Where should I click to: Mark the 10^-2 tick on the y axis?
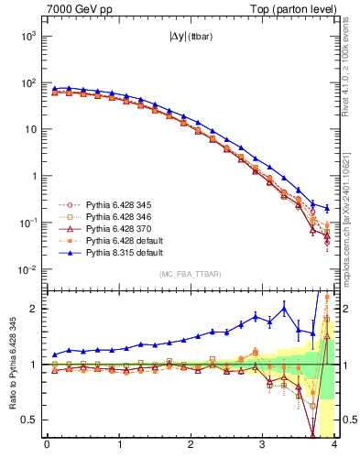pos(27,269)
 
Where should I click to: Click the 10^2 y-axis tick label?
pos(27,82)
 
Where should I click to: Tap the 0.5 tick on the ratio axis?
pos(30,420)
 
